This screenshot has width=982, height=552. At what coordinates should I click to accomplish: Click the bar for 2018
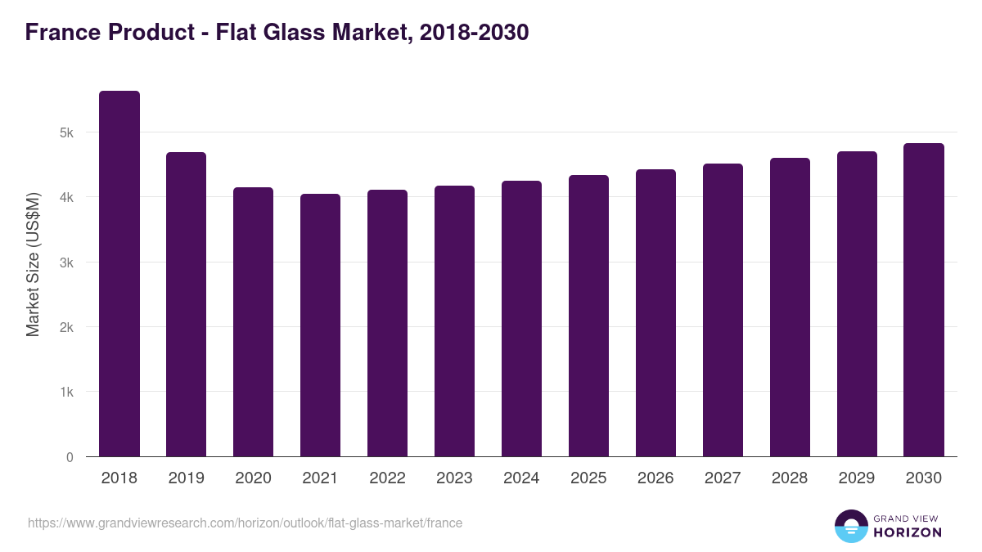(119, 274)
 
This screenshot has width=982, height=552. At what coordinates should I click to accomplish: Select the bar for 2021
(320, 325)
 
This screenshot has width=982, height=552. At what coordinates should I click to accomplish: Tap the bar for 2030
(924, 300)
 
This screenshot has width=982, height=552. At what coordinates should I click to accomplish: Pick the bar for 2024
(521, 319)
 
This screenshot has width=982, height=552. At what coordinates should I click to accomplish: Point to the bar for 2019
(186, 304)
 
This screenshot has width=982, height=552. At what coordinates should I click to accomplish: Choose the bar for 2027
(723, 310)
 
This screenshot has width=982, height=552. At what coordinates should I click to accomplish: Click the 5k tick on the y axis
(66, 132)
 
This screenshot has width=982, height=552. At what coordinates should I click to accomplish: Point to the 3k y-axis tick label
(66, 263)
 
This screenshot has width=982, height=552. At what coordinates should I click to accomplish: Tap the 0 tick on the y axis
(70, 457)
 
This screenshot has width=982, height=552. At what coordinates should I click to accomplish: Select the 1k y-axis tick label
(66, 393)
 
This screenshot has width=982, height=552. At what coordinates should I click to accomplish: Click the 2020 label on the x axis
(253, 478)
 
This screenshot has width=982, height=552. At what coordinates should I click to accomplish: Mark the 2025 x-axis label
(588, 478)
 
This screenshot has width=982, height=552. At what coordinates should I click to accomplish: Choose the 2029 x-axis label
(857, 478)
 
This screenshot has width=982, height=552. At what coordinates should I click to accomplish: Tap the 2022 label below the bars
(387, 478)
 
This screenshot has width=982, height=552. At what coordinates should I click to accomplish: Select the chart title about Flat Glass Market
(277, 33)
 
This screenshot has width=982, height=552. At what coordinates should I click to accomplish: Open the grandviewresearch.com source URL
(245, 523)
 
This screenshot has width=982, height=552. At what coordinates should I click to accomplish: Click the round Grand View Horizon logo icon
(850, 526)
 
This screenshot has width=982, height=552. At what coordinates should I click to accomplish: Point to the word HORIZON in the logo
(908, 532)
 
